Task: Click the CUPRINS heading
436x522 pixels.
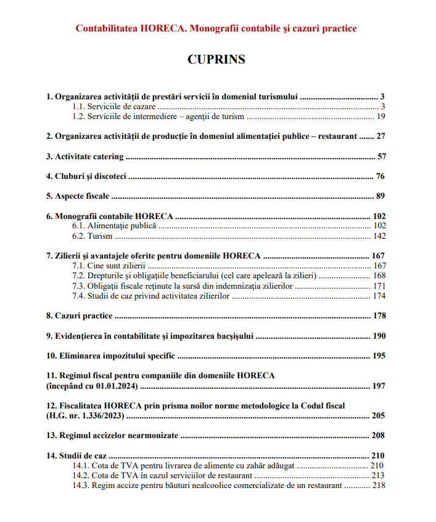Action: [x=216, y=59]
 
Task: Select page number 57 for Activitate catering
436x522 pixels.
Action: [x=381, y=157]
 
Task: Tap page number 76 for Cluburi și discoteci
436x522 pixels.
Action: [x=380, y=176]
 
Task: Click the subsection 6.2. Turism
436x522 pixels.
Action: [x=92, y=236]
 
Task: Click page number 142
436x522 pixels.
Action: [x=379, y=236]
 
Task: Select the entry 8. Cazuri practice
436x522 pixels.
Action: [x=80, y=316]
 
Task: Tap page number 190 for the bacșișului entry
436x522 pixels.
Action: [x=379, y=336]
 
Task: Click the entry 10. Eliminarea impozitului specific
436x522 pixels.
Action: [x=111, y=356]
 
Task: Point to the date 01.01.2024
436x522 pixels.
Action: [x=115, y=386]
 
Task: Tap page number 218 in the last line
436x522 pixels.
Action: [x=379, y=485]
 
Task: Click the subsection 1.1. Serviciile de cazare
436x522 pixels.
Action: [x=113, y=107]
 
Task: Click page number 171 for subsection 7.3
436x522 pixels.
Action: [x=379, y=286]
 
